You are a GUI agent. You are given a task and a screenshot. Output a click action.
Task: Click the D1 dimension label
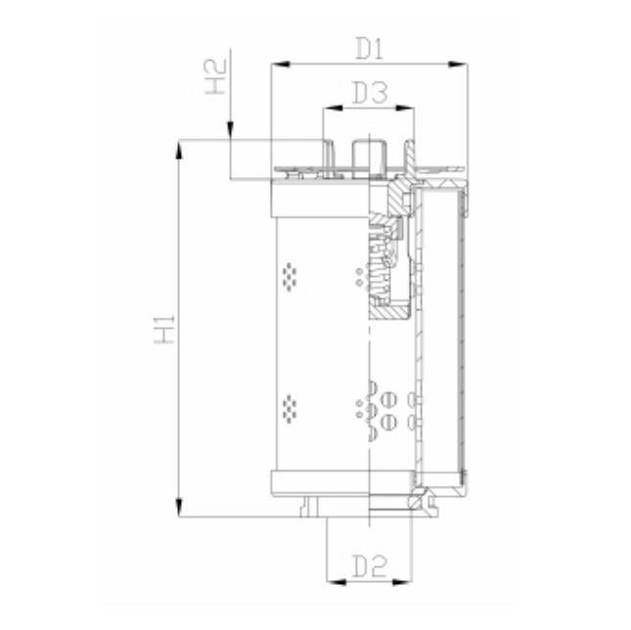[x=369, y=47]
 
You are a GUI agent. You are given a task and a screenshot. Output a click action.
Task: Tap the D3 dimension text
[x=369, y=94]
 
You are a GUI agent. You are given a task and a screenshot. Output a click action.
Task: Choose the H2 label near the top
[x=217, y=76]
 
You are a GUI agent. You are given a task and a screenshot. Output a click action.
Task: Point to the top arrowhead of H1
[x=178, y=148]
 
